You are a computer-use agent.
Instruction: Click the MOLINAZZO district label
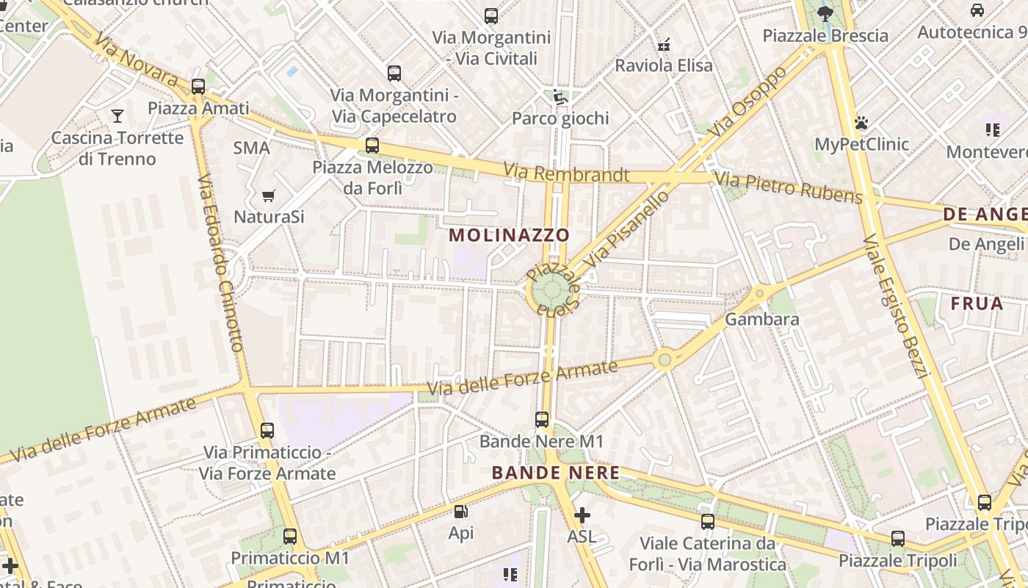(x=509, y=235)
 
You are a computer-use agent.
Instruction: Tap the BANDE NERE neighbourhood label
(x=556, y=473)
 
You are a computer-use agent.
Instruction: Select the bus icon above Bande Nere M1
(x=542, y=420)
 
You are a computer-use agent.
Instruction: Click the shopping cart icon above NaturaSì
(x=269, y=196)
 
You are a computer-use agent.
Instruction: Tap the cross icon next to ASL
(x=582, y=515)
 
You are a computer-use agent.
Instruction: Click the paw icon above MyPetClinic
(x=861, y=122)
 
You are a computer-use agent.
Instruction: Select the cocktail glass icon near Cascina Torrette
(x=117, y=115)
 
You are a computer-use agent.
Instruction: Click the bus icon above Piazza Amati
(x=198, y=86)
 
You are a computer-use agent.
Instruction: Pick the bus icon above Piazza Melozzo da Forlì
(x=372, y=145)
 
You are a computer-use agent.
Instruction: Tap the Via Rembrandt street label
(x=566, y=174)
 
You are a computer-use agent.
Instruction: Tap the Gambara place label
(x=761, y=319)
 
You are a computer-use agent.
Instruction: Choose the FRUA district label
(x=977, y=304)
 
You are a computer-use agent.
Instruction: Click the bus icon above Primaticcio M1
(x=290, y=537)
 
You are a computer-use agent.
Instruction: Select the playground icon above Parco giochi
(x=560, y=96)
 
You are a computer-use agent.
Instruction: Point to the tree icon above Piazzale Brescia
(x=825, y=13)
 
